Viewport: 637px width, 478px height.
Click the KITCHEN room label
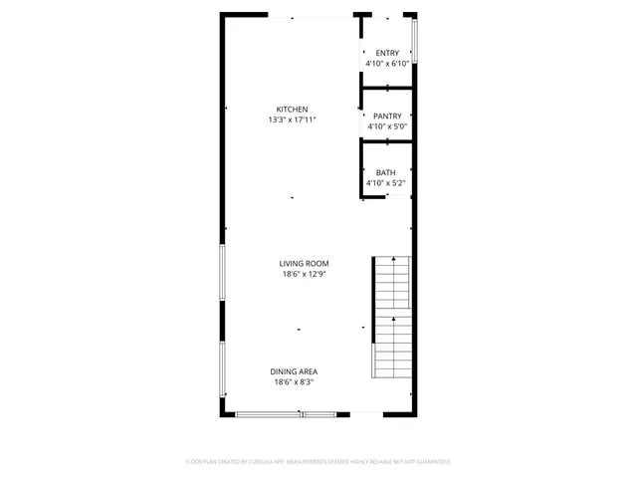[292, 110]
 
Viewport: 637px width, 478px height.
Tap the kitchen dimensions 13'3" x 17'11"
[292, 119]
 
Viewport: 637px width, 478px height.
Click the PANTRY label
[387, 117]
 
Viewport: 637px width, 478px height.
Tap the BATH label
[385, 172]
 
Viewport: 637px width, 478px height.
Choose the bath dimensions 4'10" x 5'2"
[385, 183]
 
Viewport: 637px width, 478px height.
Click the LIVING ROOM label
[304, 264]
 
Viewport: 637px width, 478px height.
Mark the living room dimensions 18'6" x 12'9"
[304, 274]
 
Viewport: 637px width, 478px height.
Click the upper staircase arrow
[394, 261]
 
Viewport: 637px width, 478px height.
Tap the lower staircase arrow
[394, 322]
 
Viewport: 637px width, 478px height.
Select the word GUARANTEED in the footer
[426, 462]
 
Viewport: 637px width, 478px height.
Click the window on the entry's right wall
[414, 40]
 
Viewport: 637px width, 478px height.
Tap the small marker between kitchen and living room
[292, 198]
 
